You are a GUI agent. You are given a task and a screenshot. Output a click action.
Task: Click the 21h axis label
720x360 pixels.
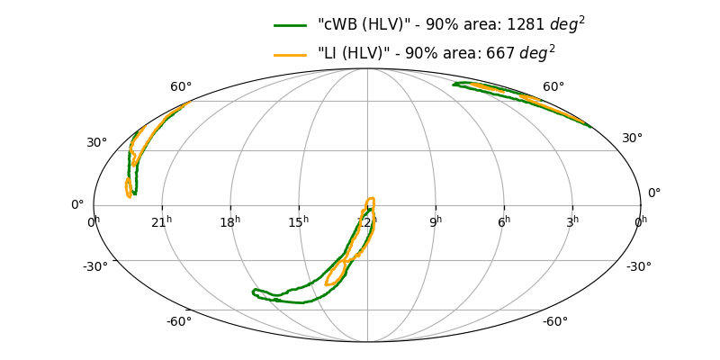(162, 221)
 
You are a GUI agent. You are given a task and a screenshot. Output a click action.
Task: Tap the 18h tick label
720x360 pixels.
(230, 221)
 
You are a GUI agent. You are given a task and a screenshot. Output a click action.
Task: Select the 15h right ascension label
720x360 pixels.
(299, 221)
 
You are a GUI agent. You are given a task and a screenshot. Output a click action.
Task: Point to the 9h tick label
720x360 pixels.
(436, 221)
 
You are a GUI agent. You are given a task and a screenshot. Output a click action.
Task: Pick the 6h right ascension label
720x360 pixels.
(504, 221)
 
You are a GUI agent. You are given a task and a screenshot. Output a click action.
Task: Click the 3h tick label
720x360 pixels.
(572, 221)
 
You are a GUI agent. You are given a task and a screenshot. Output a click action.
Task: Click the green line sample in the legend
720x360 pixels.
(292, 26)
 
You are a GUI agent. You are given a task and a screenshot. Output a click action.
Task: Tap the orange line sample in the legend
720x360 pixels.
(292, 55)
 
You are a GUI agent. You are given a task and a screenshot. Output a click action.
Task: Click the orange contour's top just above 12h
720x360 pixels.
(369, 199)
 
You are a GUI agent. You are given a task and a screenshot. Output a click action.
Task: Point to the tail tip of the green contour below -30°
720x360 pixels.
(254, 291)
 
